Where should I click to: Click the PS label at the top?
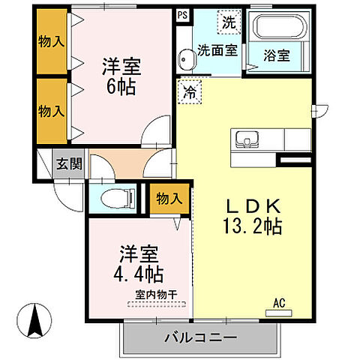tap(183, 14)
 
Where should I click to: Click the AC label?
tap(279, 303)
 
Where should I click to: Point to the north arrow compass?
tap(34, 321)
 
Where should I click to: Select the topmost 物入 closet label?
tap(51, 41)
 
